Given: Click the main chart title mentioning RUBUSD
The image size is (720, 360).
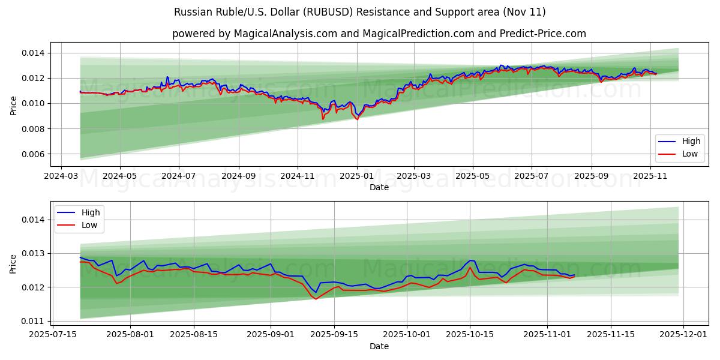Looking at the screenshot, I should [360, 12].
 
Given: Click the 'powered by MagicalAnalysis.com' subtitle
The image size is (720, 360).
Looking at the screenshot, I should [379, 34].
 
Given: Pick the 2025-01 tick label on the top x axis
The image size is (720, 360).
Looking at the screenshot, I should [356, 176].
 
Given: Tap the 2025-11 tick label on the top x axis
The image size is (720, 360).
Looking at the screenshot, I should [650, 176].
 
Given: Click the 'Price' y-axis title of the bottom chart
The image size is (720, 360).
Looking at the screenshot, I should [14, 263].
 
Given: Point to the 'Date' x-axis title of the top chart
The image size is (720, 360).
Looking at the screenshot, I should [379, 187].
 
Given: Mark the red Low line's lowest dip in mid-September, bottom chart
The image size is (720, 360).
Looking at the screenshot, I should [316, 299].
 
